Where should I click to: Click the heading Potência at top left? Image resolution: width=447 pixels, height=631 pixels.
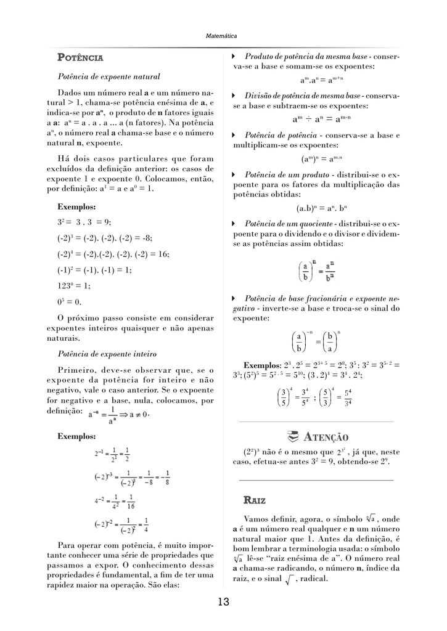click(x=80, y=58)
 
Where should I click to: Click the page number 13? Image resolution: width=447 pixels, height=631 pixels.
click(x=223, y=602)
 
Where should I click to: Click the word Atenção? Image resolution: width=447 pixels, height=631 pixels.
click(x=326, y=437)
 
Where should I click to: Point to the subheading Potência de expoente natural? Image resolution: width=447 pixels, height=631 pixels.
click(x=109, y=77)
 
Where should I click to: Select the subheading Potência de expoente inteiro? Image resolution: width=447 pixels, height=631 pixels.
click(x=107, y=354)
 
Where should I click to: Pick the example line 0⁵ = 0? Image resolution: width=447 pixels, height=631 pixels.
click(x=69, y=302)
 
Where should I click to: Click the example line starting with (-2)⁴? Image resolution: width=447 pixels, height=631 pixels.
click(x=113, y=253)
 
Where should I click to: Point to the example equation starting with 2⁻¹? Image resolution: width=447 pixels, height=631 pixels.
click(x=112, y=455)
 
